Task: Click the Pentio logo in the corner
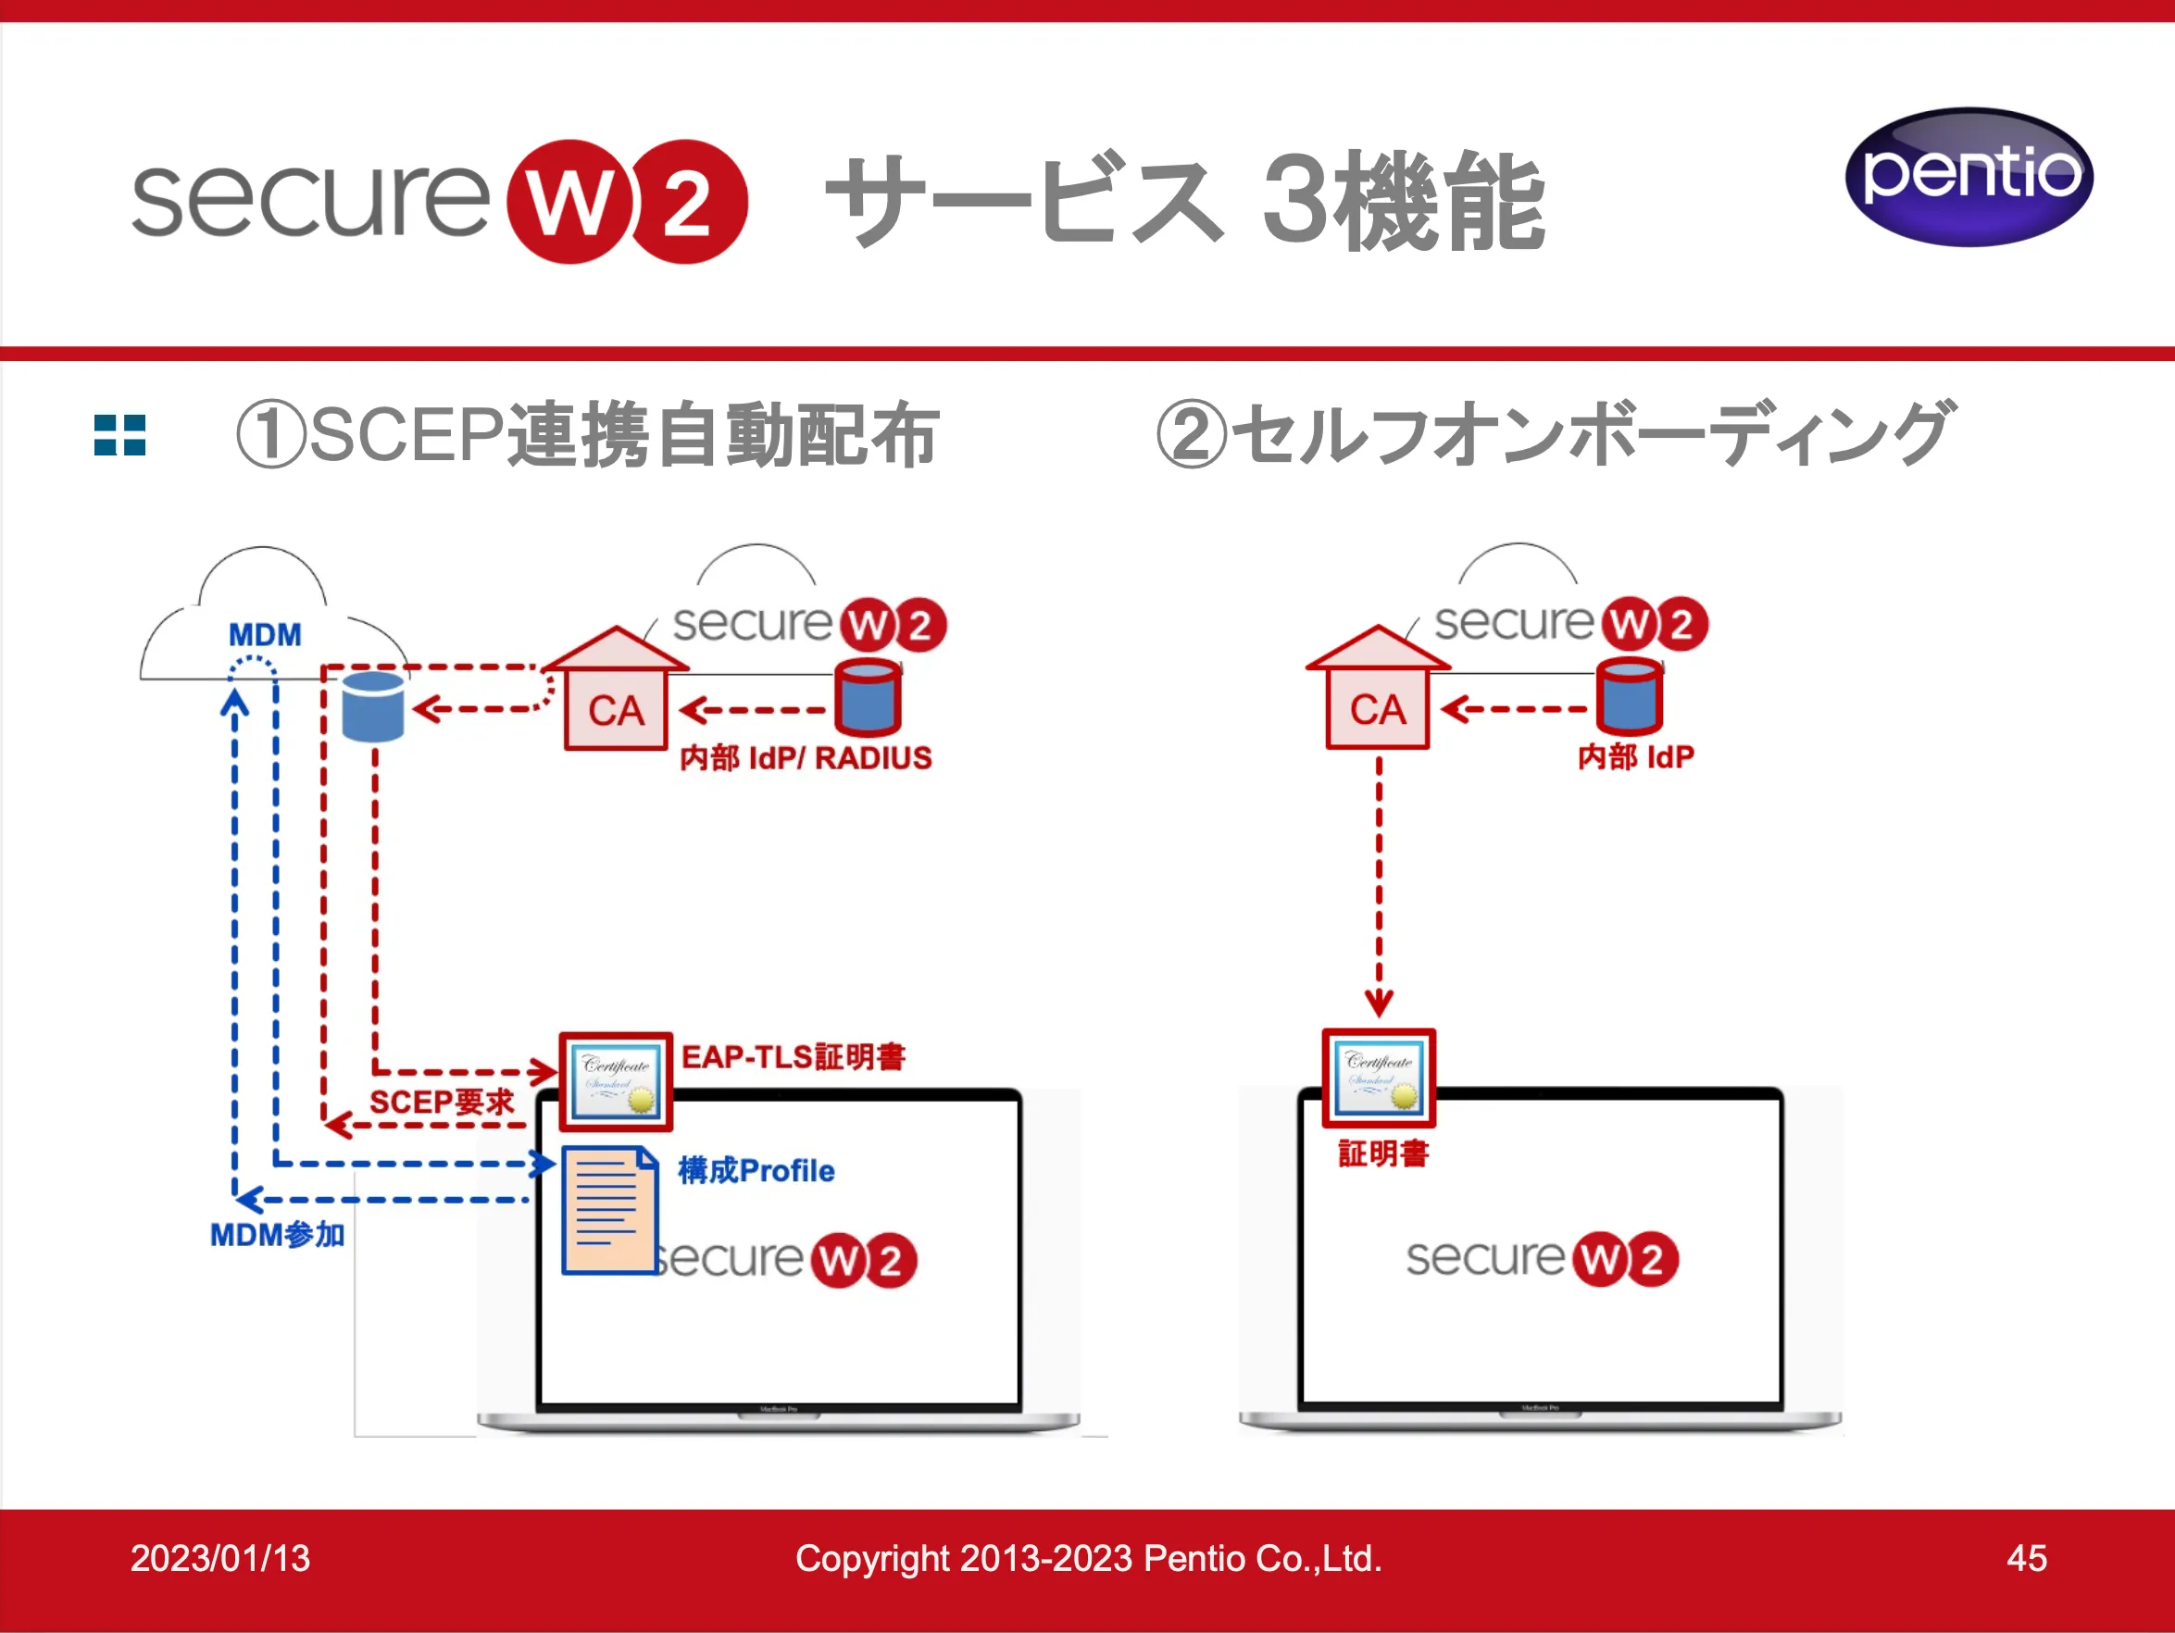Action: click(x=1969, y=177)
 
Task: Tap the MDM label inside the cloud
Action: click(x=265, y=635)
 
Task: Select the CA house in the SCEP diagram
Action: click(x=616, y=692)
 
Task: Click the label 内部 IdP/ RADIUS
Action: click(x=806, y=758)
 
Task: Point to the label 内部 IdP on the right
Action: click(x=1635, y=757)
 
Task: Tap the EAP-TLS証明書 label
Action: click(x=793, y=1057)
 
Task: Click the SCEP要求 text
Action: click(x=442, y=1103)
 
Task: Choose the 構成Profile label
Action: click(x=756, y=1171)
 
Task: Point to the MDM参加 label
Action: click(x=277, y=1235)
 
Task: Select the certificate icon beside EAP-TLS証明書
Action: click(x=616, y=1081)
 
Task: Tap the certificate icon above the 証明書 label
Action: click(x=1379, y=1078)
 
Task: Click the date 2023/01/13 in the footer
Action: click(x=220, y=1558)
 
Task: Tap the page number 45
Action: click(x=2027, y=1558)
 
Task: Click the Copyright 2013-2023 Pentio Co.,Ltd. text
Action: click(x=1089, y=1558)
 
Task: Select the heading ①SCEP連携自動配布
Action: click(x=588, y=434)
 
